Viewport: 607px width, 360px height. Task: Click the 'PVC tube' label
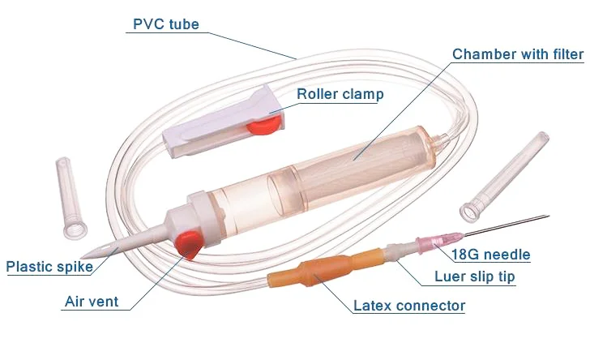pyautogui.click(x=165, y=24)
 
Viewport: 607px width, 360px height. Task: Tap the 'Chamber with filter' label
pyautogui.click(x=517, y=54)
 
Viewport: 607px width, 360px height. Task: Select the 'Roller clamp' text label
pyautogui.click(x=340, y=94)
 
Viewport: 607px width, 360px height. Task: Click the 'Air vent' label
pyautogui.click(x=92, y=302)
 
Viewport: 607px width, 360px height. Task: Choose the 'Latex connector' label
pyautogui.click(x=409, y=306)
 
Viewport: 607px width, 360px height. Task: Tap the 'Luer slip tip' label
pyautogui.click(x=474, y=277)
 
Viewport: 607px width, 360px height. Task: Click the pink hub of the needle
pyautogui.click(x=430, y=243)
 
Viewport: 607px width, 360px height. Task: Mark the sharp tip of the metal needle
pyautogui.click(x=548, y=216)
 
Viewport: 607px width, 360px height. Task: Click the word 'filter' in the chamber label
pyautogui.click(x=564, y=54)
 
